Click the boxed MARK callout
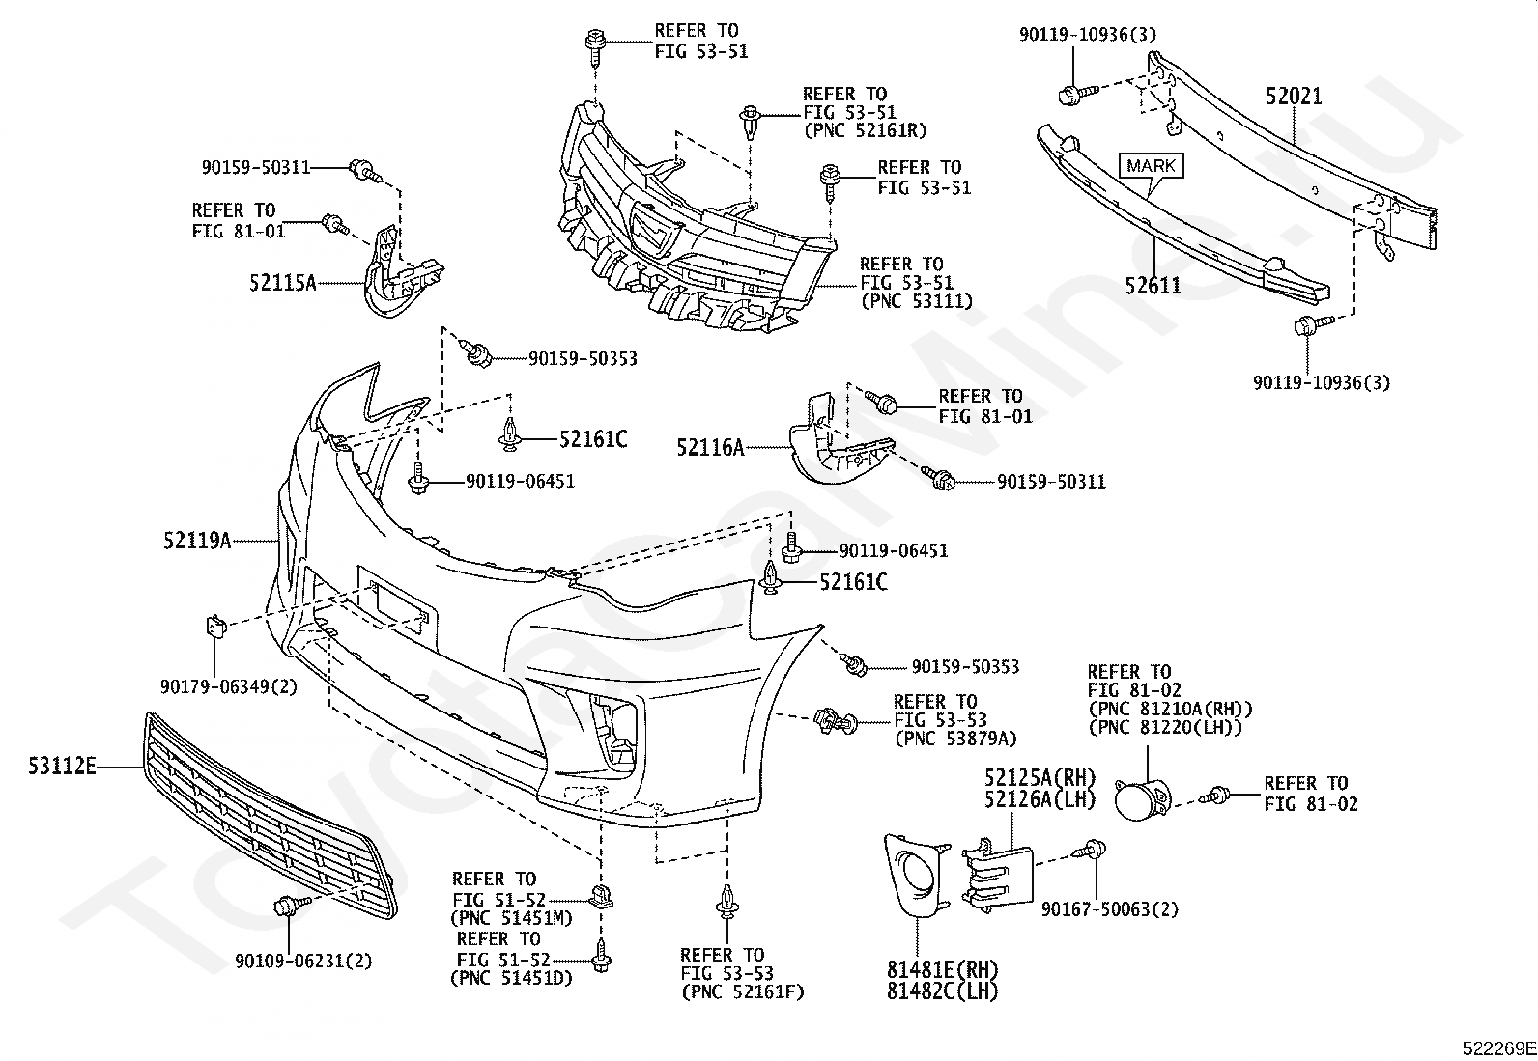1152,165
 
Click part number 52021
1294,97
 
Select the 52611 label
1153,285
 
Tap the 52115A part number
283,282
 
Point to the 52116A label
711,447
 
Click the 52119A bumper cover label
197,541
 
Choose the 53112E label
63,766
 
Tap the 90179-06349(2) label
229,686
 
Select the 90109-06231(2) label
303,961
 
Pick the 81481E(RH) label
942,969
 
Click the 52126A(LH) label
1040,798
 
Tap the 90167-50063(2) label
1110,909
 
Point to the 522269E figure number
1498,1048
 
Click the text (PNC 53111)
916,300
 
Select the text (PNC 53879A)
955,739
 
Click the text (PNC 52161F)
742,991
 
